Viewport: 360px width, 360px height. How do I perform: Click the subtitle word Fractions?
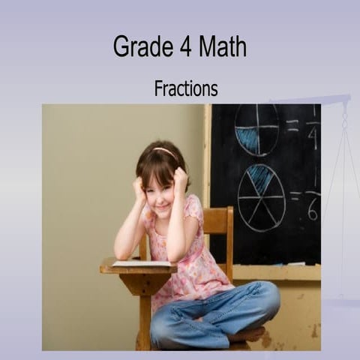pos(186,88)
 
